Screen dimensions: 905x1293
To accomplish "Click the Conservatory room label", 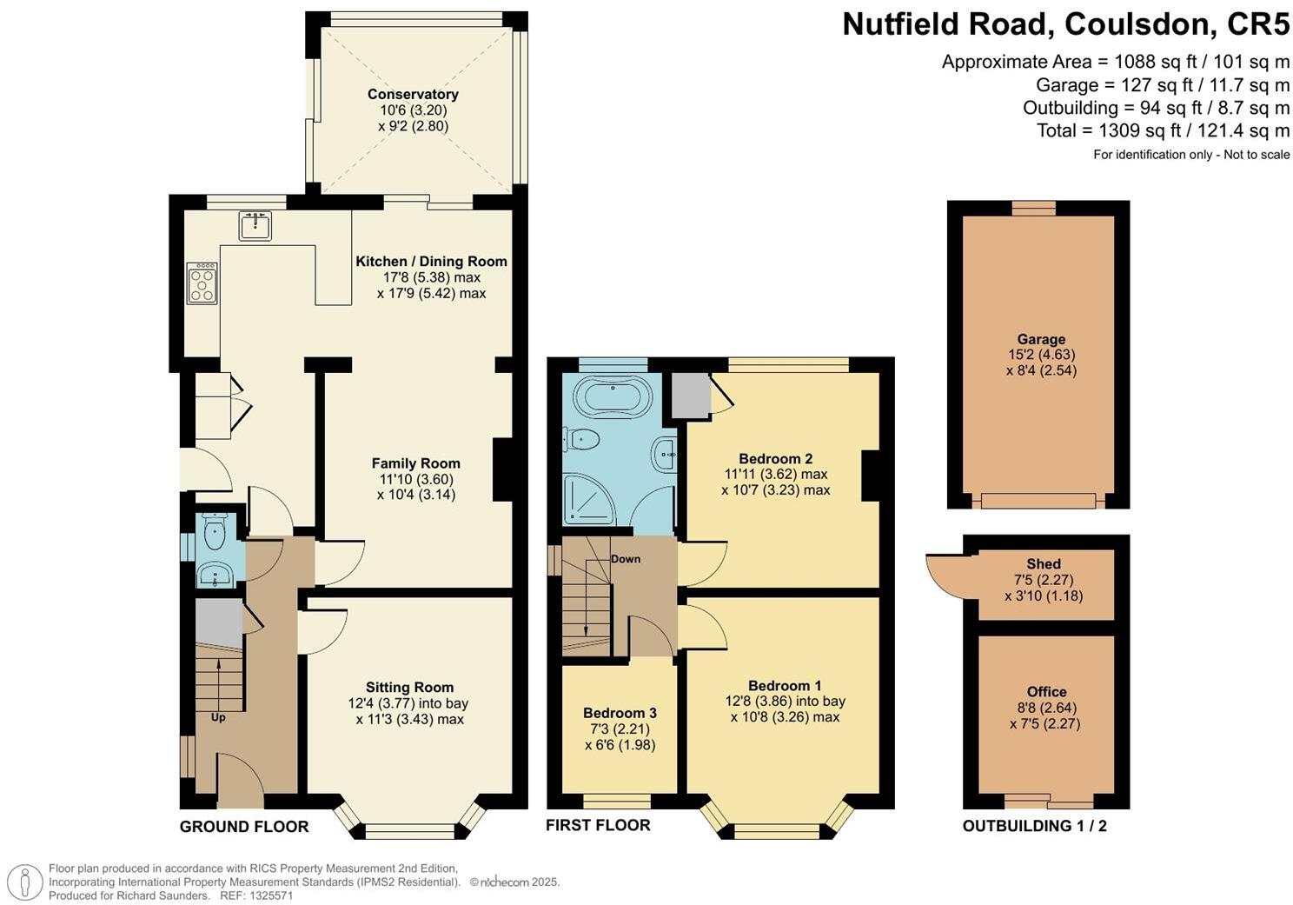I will (x=413, y=94).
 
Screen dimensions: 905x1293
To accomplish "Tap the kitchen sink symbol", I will (x=255, y=225).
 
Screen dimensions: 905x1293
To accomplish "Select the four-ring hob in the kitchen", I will (x=202, y=283).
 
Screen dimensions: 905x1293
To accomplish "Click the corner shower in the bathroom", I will (x=589, y=500).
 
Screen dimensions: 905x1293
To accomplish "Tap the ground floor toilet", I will (x=214, y=528).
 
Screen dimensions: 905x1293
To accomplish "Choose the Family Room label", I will (x=416, y=463).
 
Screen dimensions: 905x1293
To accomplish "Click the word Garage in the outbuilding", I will (x=1041, y=339).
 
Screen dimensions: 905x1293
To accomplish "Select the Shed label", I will (x=1044, y=563).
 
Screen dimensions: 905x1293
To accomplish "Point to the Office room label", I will (x=1046, y=692).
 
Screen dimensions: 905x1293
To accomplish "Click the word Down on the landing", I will (x=626, y=559).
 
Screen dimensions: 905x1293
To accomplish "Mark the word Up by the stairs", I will (x=218, y=718).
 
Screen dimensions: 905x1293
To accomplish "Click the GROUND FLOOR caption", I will (x=244, y=827).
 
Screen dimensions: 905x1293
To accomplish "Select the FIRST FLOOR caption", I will (x=598, y=825).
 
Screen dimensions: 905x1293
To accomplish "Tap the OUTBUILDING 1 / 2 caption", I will (x=1034, y=826).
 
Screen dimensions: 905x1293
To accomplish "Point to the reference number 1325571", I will (x=269, y=895).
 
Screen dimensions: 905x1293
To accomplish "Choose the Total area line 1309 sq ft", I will (x=1163, y=130).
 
